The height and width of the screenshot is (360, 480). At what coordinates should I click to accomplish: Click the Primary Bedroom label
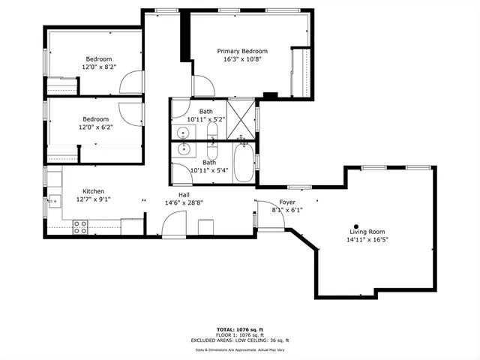(242, 51)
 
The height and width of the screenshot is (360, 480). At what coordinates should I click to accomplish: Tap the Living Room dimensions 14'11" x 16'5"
(367, 240)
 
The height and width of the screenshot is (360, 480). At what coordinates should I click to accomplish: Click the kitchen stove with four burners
(80, 226)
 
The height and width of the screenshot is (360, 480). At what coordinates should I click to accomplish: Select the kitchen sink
(54, 200)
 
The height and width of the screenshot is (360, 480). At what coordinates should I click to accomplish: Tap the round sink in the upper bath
(184, 133)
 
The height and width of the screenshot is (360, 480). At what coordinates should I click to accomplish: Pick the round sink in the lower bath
(184, 149)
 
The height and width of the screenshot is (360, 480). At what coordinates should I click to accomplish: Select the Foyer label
(287, 202)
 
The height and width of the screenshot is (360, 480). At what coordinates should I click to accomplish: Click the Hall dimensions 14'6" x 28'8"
(184, 202)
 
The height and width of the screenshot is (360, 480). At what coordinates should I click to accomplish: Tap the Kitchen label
(93, 191)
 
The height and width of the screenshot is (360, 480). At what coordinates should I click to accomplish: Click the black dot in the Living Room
(356, 226)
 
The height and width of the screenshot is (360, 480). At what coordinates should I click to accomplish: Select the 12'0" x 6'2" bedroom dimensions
(95, 127)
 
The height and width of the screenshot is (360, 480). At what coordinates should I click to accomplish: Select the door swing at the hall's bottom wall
(174, 224)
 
